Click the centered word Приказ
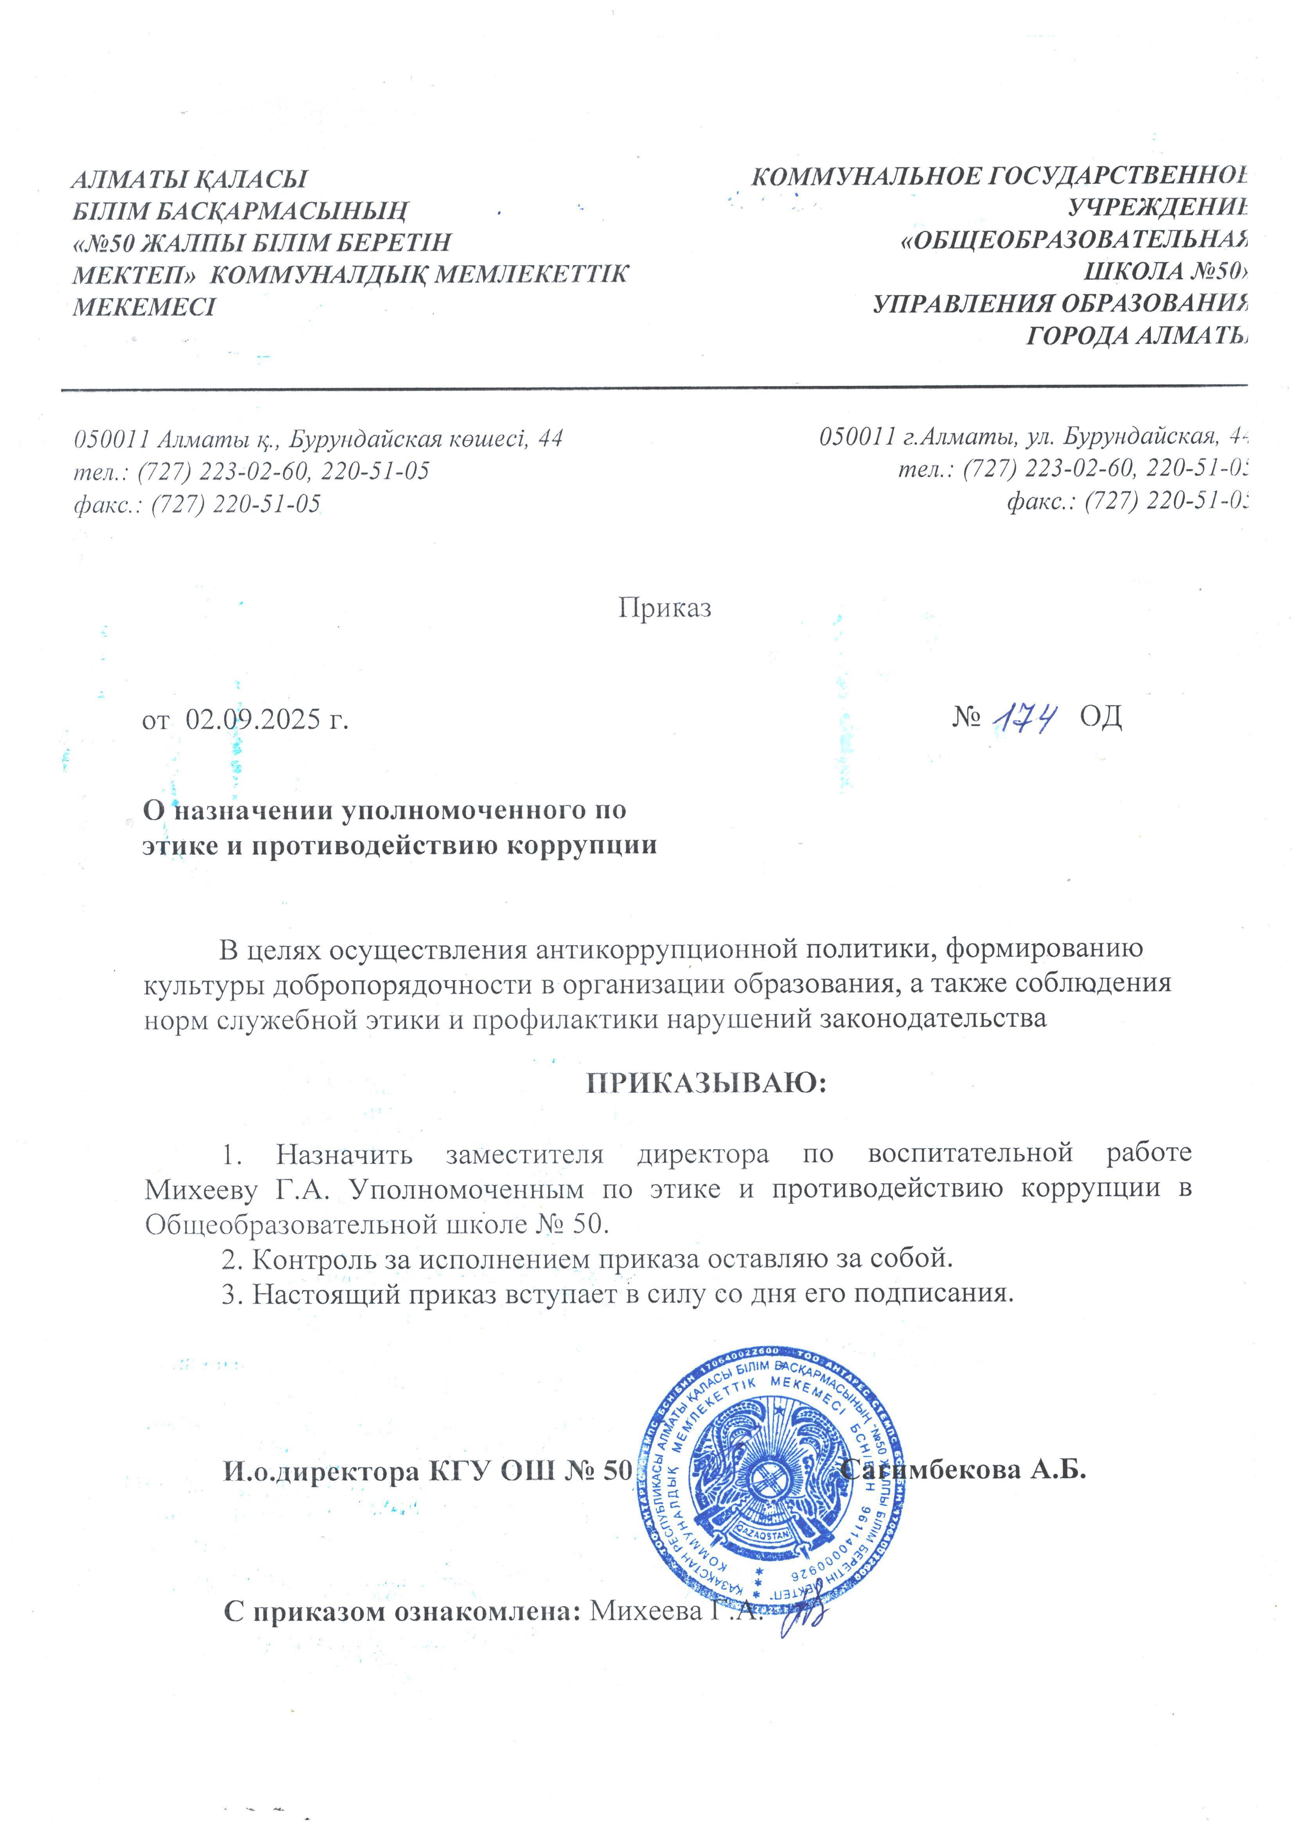(664, 608)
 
